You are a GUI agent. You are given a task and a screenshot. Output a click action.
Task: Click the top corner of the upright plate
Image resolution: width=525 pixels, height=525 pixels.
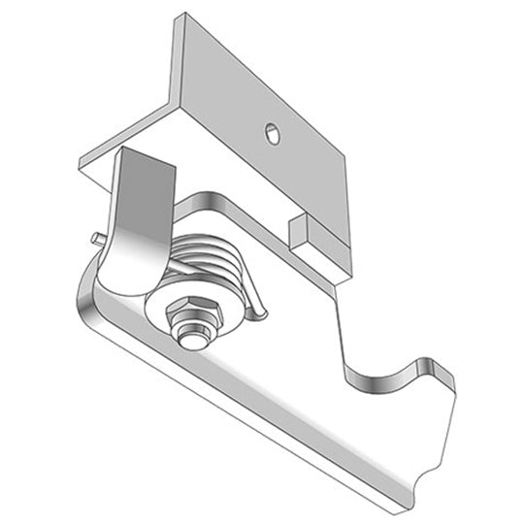180,16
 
